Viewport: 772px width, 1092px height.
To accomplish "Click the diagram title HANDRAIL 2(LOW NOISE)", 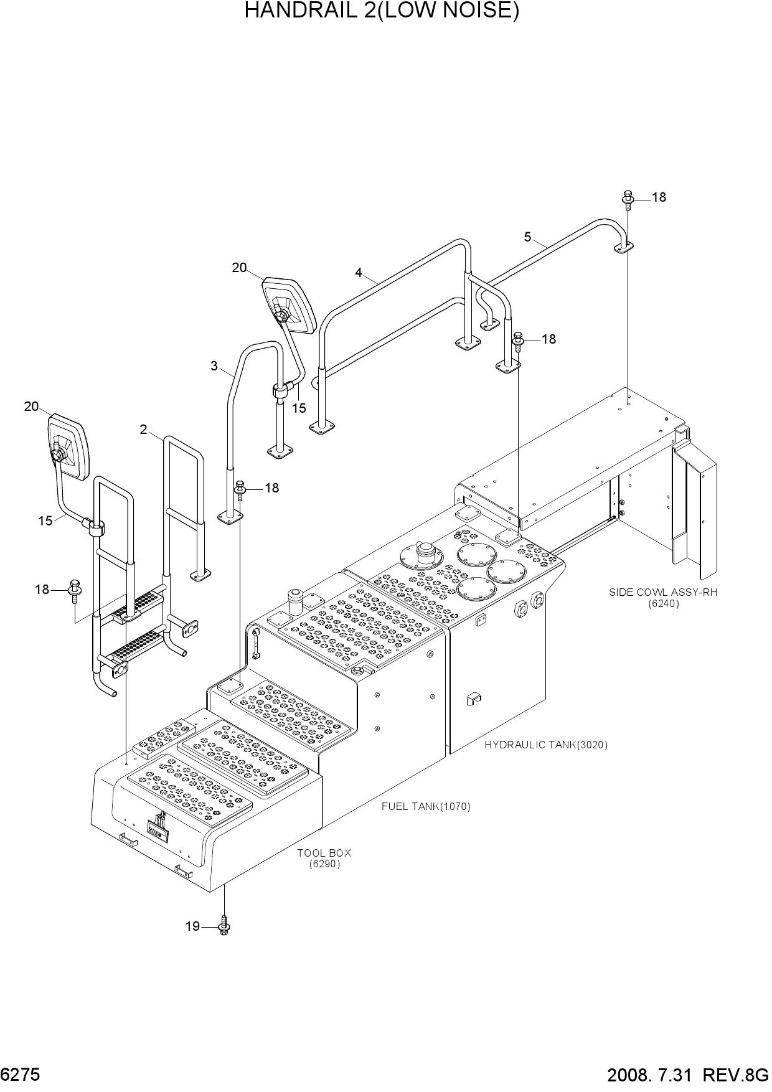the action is pyautogui.click(x=382, y=11).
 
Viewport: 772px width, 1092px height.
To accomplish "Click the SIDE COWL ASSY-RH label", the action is pyautogui.click(x=663, y=592).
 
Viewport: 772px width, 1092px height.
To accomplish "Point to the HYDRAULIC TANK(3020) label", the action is pyautogui.click(x=546, y=745).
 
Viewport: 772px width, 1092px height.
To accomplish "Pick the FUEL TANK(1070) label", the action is pyautogui.click(x=426, y=806).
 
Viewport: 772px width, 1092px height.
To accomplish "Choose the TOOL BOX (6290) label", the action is pyautogui.click(x=324, y=859).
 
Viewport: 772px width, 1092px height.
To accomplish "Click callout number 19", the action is pyautogui.click(x=192, y=926).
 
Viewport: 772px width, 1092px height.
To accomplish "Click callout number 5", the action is pyautogui.click(x=527, y=237).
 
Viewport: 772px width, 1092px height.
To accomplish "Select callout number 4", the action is pyautogui.click(x=359, y=272).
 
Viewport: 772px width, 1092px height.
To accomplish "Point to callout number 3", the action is pyautogui.click(x=214, y=366).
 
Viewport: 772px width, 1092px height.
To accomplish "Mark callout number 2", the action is pyautogui.click(x=143, y=430).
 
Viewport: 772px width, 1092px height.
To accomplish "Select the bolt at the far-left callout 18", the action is pyautogui.click(x=75, y=589).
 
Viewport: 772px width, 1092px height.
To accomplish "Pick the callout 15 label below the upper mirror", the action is pyautogui.click(x=299, y=408).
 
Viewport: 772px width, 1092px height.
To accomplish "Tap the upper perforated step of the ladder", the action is pyautogui.click(x=138, y=605).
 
